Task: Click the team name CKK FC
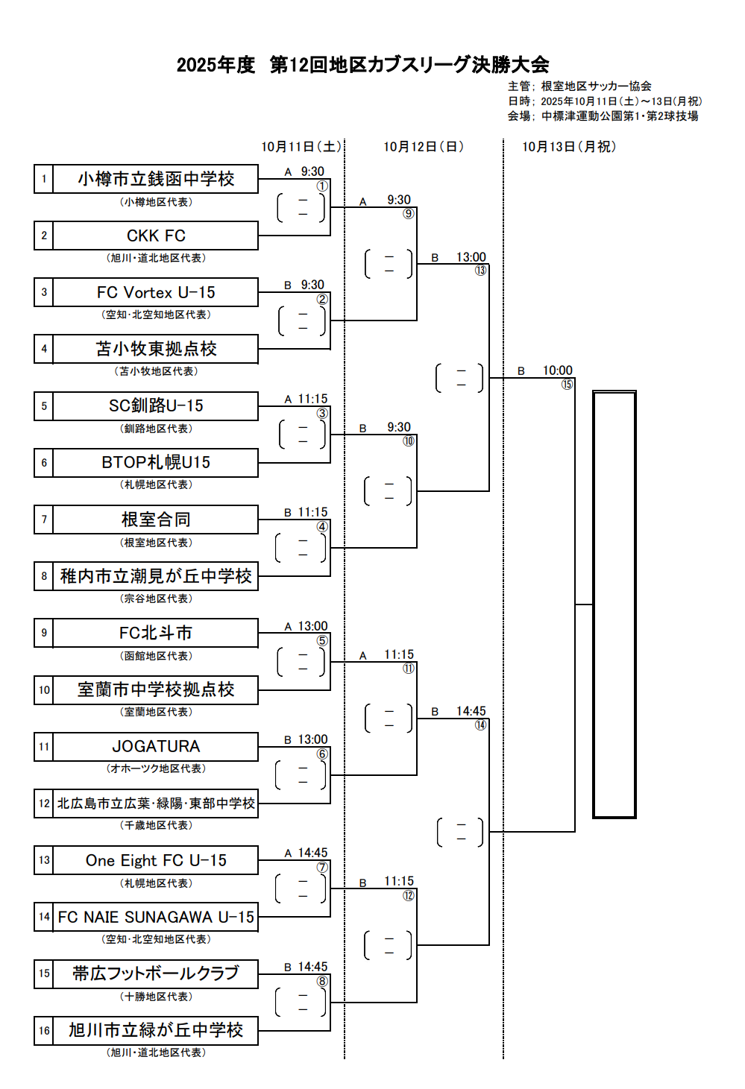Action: pos(156,236)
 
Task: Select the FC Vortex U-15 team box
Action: pos(156,292)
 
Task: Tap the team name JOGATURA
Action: pos(156,746)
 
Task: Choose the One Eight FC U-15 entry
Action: pos(156,860)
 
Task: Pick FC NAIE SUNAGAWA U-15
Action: pos(156,917)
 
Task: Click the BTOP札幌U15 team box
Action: pos(156,462)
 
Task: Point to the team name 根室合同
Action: pos(156,520)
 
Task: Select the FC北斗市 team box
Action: pos(156,633)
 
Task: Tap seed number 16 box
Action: pos(44,1031)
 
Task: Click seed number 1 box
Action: pos(44,179)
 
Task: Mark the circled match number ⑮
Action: pos(568,385)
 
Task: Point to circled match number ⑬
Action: pos(481,271)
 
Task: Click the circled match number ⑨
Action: pos(409,214)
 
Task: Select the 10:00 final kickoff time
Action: pos(557,370)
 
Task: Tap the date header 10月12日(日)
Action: pos(424,147)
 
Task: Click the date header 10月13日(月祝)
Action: pos(569,147)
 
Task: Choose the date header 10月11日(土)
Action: pos(301,147)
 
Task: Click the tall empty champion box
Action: pos(614,605)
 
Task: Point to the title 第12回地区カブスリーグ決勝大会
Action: pos(409,65)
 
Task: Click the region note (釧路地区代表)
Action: pos(156,429)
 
